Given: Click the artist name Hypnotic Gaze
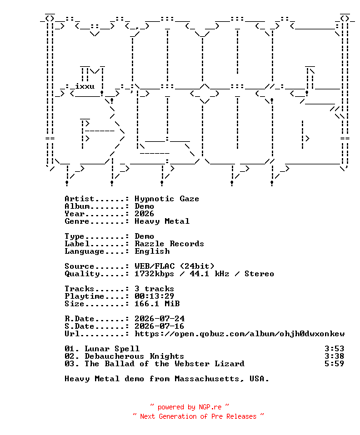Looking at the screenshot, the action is point(167,199).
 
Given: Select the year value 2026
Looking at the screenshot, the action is point(144,214).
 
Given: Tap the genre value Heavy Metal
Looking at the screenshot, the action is point(162,221).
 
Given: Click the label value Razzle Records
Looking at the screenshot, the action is point(169,244).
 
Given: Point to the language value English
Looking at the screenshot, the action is point(152,251).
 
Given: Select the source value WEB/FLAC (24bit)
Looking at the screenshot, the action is point(174,266).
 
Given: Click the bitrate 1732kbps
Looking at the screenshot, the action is point(154,274).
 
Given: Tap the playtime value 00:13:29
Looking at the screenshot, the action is point(154,296).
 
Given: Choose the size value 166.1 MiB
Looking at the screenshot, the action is point(157,304).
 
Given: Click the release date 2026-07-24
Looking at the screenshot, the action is point(159,319).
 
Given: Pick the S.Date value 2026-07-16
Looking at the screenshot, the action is point(159,326).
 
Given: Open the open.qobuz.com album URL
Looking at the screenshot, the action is point(239,334).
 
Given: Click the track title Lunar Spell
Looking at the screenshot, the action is point(112,349).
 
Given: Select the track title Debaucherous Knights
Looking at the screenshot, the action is point(134,356).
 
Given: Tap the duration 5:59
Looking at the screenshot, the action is point(334,364).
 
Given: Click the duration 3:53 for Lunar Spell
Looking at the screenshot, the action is point(334,349).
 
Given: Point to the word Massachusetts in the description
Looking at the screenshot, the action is point(207,379).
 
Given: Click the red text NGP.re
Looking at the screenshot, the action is point(210,407).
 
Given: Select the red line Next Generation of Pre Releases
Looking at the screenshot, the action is point(198,416).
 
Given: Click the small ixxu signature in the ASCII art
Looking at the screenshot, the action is point(84,86).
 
